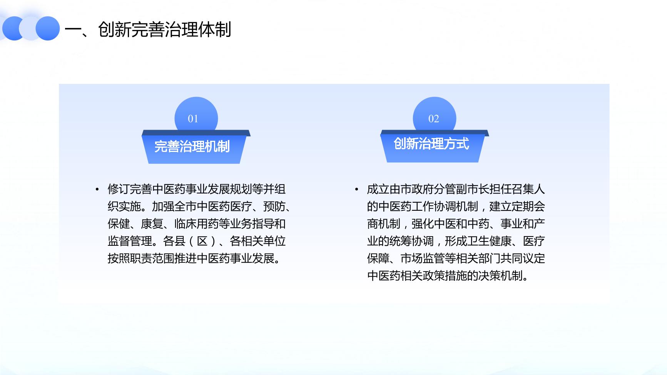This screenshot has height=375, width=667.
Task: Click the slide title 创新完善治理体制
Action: point(164,30)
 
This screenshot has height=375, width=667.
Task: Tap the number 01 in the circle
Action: point(193,119)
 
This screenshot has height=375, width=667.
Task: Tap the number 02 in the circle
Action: point(433,119)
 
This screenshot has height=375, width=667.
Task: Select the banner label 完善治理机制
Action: point(192,147)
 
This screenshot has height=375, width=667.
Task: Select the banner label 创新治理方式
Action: point(431,144)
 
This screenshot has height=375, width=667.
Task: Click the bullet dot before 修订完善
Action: point(97,189)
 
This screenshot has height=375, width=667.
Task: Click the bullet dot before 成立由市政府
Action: point(357,189)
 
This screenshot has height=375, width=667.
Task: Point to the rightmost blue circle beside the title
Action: point(48,28)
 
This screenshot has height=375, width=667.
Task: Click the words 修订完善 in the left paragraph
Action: point(130,189)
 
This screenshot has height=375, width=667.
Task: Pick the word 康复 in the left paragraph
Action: point(152,224)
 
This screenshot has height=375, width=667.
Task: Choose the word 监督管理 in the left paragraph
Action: point(130,241)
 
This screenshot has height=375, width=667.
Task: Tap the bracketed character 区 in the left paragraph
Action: point(202,241)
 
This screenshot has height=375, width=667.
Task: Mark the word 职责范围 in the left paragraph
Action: point(152,258)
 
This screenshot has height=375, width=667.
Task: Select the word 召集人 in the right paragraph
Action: point(528,189)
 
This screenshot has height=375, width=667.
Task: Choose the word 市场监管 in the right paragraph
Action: point(423,258)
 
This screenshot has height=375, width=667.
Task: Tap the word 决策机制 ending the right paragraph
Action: point(500,276)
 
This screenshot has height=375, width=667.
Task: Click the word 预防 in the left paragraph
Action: point(274,207)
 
